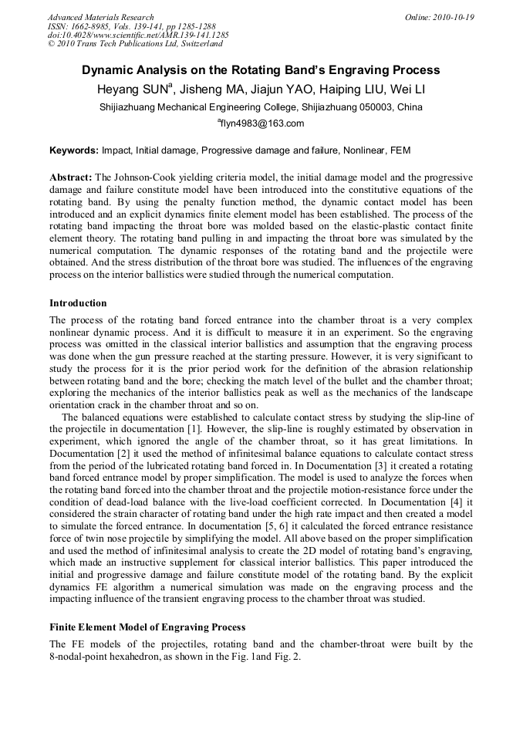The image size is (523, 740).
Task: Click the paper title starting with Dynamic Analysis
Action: (261, 70)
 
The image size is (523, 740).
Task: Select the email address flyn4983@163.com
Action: (262, 123)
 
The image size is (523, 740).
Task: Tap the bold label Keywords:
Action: (74, 150)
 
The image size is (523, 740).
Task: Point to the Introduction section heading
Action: (78, 303)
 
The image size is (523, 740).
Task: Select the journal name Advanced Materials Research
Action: (100, 17)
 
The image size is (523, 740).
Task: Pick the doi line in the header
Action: (138, 35)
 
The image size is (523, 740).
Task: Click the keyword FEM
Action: (401, 150)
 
